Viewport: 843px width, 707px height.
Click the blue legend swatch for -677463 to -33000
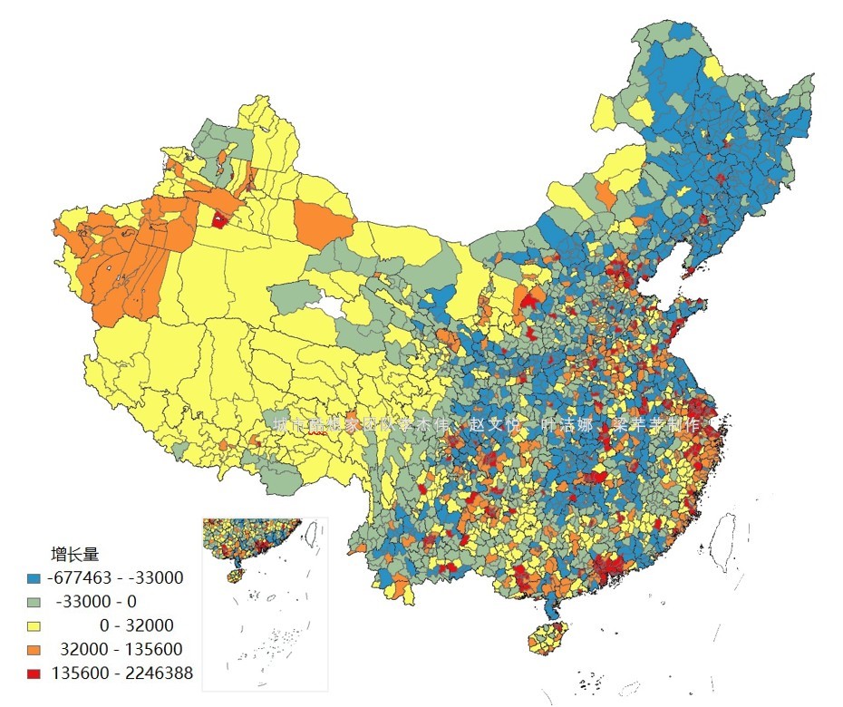pyautogui.click(x=34, y=577)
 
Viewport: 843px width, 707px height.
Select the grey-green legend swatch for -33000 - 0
pyautogui.click(x=34, y=601)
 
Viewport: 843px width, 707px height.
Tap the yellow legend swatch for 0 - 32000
pyautogui.click(x=34, y=625)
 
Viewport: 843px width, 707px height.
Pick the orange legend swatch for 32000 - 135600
pyautogui.click(x=34, y=649)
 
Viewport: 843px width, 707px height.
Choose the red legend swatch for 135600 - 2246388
pyautogui.click(x=34, y=673)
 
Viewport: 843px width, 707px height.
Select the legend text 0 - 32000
pyautogui.click(x=136, y=625)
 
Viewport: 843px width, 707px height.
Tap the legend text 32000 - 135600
pyautogui.click(x=121, y=649)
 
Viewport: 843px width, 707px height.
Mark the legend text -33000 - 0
pyautogui.click(x=96, y=601)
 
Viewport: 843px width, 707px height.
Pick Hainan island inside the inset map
pyautogui.click(x=235, y=575)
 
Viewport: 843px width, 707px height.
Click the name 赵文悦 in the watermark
pyautogui.click(x=493, y=425)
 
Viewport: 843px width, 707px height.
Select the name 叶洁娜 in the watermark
pyautogui.click(x=566, y=425)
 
